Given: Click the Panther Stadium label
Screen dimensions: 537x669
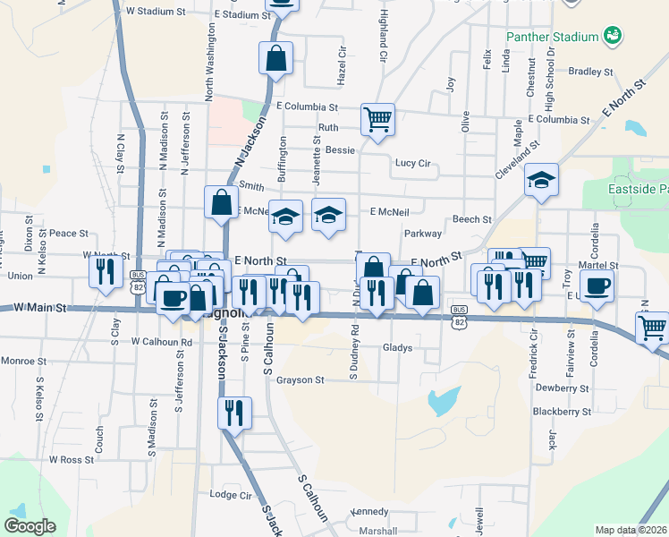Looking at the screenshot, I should (551, 37).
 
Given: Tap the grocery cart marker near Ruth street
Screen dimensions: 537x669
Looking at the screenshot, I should (377, 119).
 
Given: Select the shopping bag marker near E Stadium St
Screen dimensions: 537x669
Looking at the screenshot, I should (276, 59).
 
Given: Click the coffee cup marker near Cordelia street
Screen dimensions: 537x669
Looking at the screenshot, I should (597, 286).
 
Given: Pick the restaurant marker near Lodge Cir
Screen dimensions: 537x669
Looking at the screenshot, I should (234, 413).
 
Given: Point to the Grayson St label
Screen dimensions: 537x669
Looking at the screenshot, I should (300, 379).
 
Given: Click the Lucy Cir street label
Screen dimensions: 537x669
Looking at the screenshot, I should (413, 164).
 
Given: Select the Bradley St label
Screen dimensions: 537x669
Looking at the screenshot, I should (590, 72).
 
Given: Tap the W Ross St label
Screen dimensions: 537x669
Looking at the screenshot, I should (72, 459).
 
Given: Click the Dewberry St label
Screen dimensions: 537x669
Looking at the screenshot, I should (563, 388).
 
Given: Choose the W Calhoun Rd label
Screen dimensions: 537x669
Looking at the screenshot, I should (162, 342).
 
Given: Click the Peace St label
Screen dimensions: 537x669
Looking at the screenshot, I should (69, 233).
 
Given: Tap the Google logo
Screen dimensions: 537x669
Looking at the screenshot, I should (30, 526).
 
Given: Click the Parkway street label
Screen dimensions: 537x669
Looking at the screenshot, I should (423, 234).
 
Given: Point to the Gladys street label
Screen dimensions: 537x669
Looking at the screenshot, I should (397, 346).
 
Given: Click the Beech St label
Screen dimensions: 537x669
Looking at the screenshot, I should (472, 219).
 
